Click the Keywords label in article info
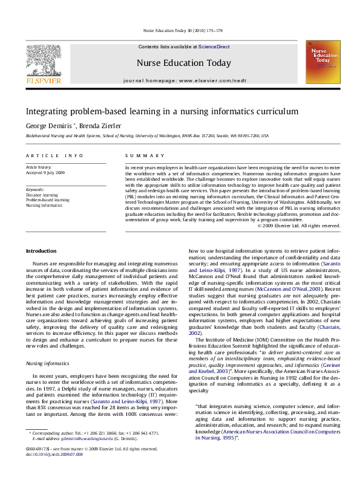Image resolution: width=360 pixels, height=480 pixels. tap(35, 189)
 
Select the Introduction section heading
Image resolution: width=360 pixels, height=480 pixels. tap(41, 250)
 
